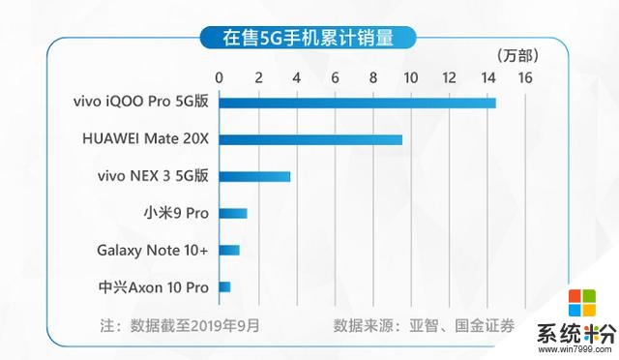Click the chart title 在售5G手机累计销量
tap(309, 39)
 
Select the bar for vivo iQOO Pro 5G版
tap(357, 103)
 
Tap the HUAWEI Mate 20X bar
tap(310, 139)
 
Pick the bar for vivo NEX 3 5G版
tap(254, 176)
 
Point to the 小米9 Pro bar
tap(233, 213)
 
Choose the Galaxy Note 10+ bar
tap(229, 250)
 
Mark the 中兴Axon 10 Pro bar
tap(224, 286)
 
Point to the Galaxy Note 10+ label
tap(153, 250)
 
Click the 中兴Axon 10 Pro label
tap(153, 287)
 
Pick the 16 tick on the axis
tap(524, 77)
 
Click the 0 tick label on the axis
tap(220, 77)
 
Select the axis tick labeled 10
tap(410, 77)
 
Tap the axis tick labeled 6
tap(335, 77)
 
